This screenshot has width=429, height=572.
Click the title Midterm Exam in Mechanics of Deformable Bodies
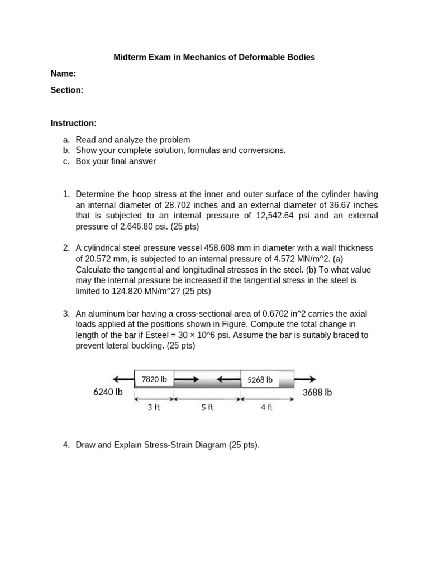[x=214, y=57]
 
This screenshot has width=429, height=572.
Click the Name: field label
[x=63, y=73]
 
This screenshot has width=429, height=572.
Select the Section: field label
[x=67, y=90]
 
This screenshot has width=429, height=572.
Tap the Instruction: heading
[x=73, y=123]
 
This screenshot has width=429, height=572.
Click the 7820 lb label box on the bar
[x=154, y=379]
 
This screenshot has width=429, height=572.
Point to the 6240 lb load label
[x=108, y=392]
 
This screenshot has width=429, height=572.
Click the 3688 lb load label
[x=317, y=392]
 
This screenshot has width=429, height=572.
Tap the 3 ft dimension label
[x=154, y=407]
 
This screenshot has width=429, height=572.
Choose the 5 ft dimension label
[x=207, y=407]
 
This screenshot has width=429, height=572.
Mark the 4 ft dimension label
[x=266, y=407]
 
